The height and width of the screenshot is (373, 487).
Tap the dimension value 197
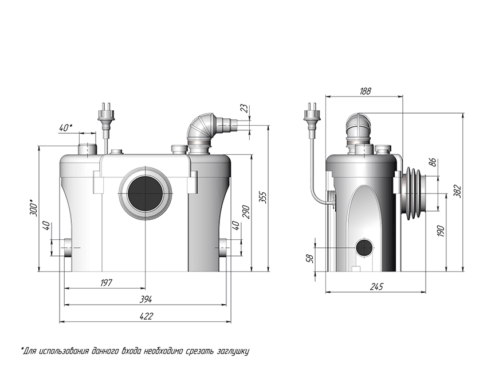tap(105, 282)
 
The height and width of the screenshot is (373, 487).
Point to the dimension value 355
tap(262, 197)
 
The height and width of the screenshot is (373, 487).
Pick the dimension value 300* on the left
tap(33, 208)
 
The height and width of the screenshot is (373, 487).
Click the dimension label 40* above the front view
tap(66, 127)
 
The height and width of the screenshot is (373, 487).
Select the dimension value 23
tap(245, 108)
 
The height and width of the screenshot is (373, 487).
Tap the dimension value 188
tap(365, 91)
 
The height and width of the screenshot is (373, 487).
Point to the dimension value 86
tap(433, 162)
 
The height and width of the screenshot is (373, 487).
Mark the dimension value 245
tap(376, 286)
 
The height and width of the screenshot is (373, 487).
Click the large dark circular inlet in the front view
tap(146, 193)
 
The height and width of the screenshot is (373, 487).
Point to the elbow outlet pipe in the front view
tap(203, 131)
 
